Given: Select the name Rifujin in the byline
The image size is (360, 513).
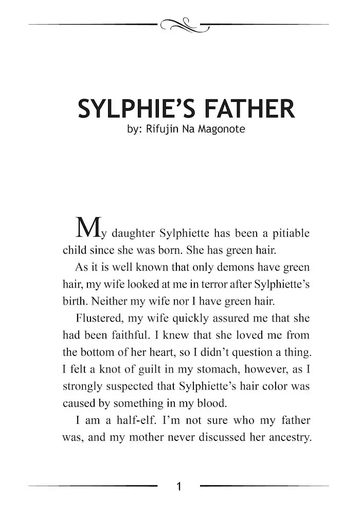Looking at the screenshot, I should (165, 129).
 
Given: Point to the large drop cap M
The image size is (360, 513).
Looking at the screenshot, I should (87, 228).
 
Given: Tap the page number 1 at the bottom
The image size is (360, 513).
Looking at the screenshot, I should (179, 486).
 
